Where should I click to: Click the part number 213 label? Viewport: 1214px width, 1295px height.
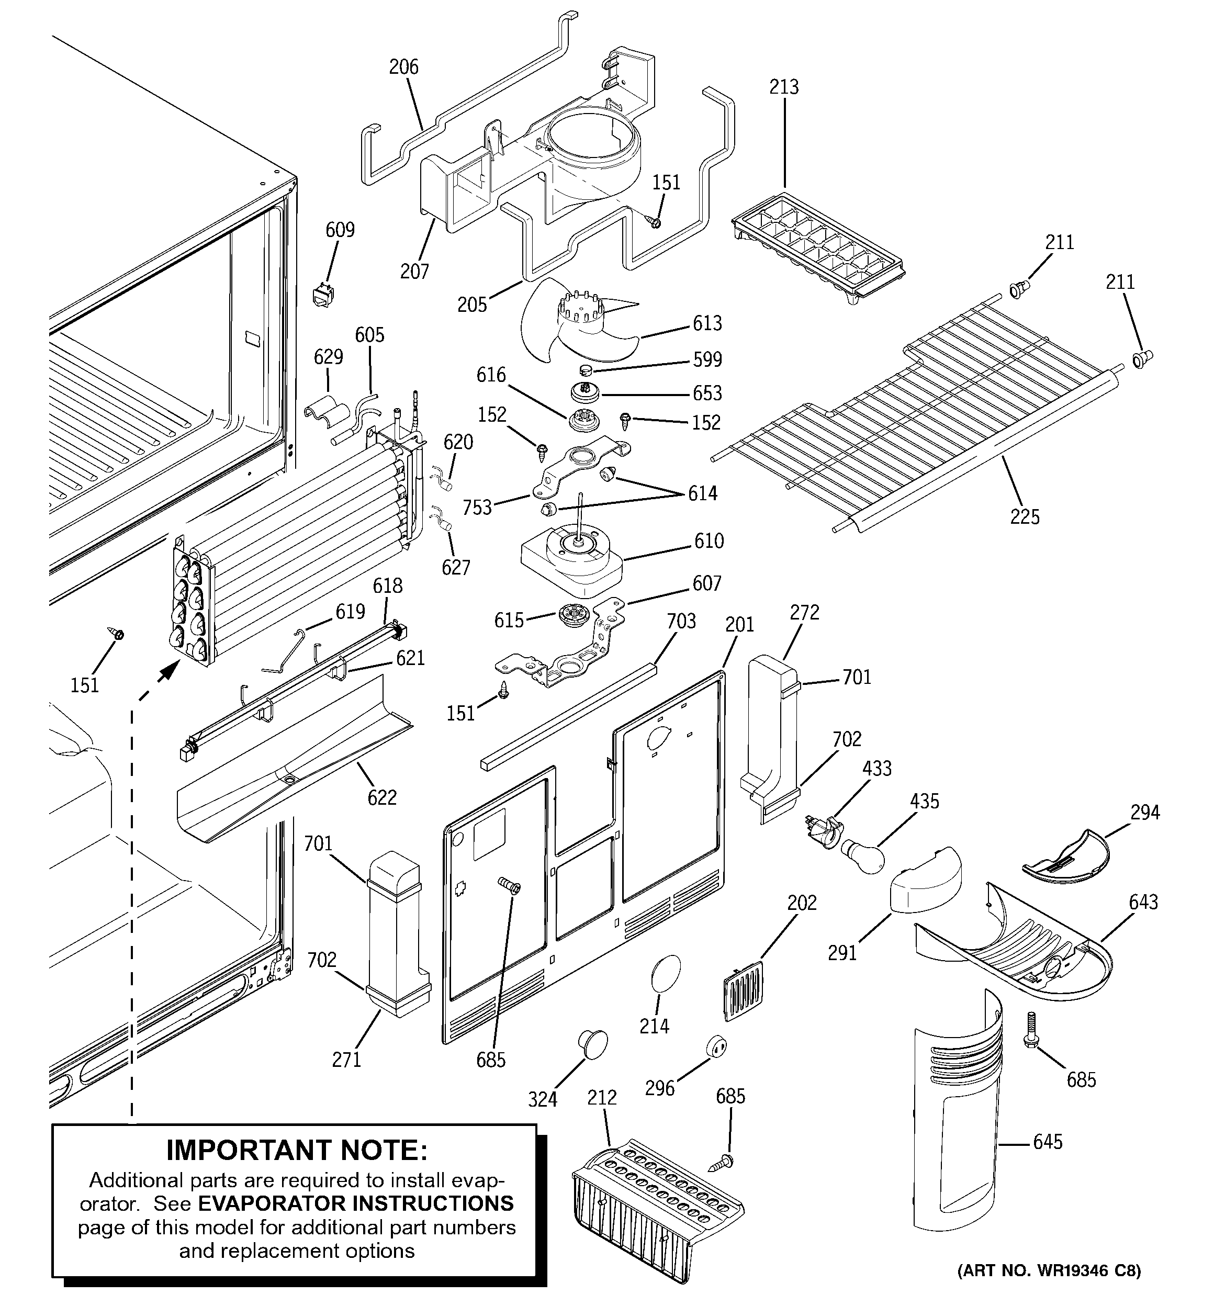click(x=783, y=87)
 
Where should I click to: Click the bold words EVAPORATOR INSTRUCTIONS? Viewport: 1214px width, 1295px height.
click(x=355, y=1202)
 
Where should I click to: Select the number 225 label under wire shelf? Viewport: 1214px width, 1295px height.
click(x=1025, y=516)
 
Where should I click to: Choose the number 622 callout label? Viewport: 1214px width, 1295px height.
click(x=382, y=797)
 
